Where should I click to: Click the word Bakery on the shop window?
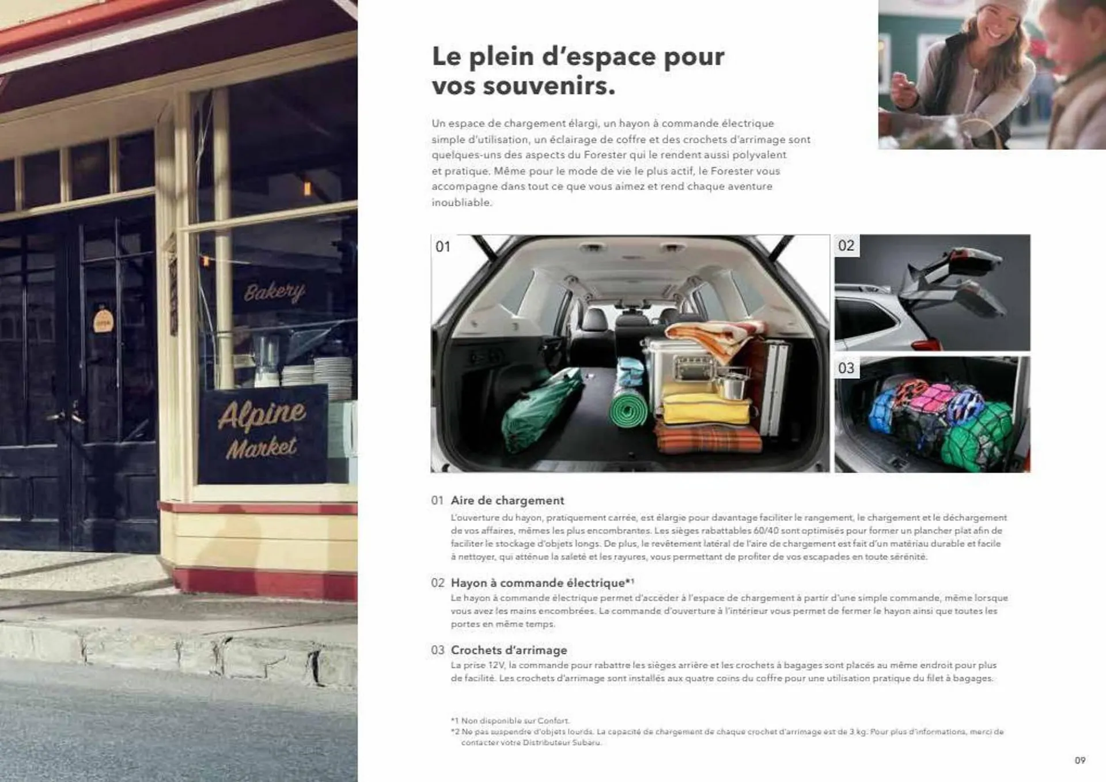274,292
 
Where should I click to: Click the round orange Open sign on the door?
103,320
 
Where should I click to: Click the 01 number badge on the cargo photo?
443,247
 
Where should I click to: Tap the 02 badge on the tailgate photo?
846,246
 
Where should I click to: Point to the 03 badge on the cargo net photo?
846,368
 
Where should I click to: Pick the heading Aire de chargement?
507,501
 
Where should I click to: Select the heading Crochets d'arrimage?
509,650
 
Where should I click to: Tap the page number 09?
1080,760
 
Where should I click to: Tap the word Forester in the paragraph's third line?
607,155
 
